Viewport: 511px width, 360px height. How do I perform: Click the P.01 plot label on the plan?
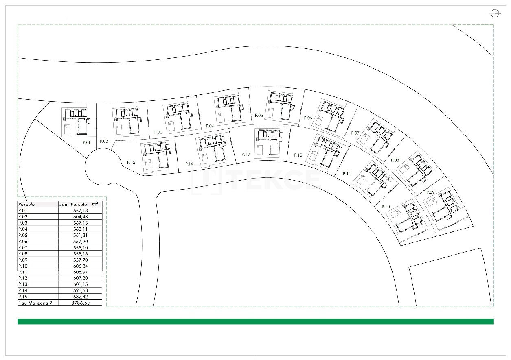click(86, 142)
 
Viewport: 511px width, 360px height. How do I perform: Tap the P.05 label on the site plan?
click(259, 115)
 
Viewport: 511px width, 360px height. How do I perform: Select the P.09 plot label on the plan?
click(430, 192)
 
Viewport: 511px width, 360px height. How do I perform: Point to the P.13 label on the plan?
click(246, 154)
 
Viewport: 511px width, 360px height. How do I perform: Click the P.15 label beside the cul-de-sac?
click(131, 162)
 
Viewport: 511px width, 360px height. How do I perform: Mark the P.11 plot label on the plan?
click(347, 174)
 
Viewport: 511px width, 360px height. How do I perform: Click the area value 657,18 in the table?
click(81, 211)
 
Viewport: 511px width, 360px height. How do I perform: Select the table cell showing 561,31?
click(81, 235)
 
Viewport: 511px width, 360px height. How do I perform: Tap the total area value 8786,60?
click(80, 303)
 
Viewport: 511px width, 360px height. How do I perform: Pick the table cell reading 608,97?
click(81, 272)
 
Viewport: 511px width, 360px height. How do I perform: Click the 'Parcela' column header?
click(26, 204)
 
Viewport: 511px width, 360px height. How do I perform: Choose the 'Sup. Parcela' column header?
click(73, 204)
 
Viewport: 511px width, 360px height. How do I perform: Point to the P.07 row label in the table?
click(23, 247)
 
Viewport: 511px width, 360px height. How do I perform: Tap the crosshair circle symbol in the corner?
click(495, 13)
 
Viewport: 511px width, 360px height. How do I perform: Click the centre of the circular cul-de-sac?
click(103, 166)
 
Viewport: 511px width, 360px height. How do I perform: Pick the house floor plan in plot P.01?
click(76, 122)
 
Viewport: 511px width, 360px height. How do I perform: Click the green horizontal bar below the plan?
click(256, 321)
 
